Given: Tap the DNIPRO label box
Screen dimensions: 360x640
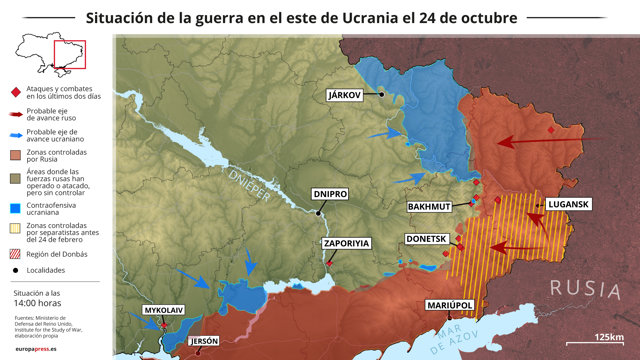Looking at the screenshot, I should click(329, 193).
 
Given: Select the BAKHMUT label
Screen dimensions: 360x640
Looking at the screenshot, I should click(430, 207).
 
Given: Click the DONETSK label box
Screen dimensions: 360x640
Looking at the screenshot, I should click(430, 240).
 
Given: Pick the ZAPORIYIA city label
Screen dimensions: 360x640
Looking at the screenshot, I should click(346, 243).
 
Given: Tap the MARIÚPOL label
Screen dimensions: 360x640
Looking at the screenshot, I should click(448, 303).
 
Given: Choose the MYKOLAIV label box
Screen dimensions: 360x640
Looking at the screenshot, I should click(164, 311).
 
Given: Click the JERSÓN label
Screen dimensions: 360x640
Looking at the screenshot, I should click(203, 341).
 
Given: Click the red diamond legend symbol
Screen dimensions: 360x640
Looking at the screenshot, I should click(15, 93).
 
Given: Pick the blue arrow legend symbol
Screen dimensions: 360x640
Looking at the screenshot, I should click(15, 134).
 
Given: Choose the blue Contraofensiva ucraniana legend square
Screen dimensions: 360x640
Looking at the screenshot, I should click(15, 209).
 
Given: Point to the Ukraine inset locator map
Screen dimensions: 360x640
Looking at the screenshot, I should click(54, 55).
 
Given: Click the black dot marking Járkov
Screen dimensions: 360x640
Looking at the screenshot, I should click(380, 94).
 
